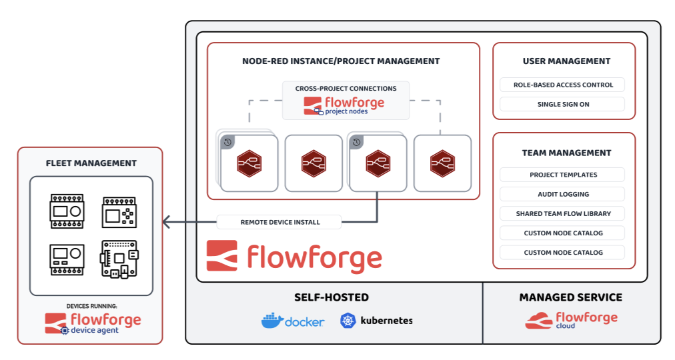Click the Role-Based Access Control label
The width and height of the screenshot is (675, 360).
click(562, 85)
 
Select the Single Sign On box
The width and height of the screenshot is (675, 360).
click(562, 104)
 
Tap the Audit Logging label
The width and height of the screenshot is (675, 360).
click(562, 194)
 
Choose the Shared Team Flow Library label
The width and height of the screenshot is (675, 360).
click(562, 214)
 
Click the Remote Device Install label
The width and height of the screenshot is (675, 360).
click(279, 222)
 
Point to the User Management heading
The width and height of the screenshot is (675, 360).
click(566, 61)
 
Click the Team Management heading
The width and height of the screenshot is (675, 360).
click(566, 153)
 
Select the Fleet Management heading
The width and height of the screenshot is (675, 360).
click(91, 163)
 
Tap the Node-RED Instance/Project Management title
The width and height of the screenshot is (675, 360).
click(341, 61)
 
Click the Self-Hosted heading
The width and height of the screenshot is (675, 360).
click(331, 297)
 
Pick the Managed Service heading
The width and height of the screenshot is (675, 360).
click(570, 297)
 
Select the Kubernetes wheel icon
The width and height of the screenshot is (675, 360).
click(348, 321)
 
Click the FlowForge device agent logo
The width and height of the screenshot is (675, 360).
click(93, 323)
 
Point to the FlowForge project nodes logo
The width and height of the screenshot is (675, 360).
click(344, 106)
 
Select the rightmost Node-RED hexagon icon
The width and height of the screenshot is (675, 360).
click(442, 163)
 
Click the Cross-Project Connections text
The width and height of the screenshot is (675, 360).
click(346, 88)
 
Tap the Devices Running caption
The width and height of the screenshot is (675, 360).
click(91, 306)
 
